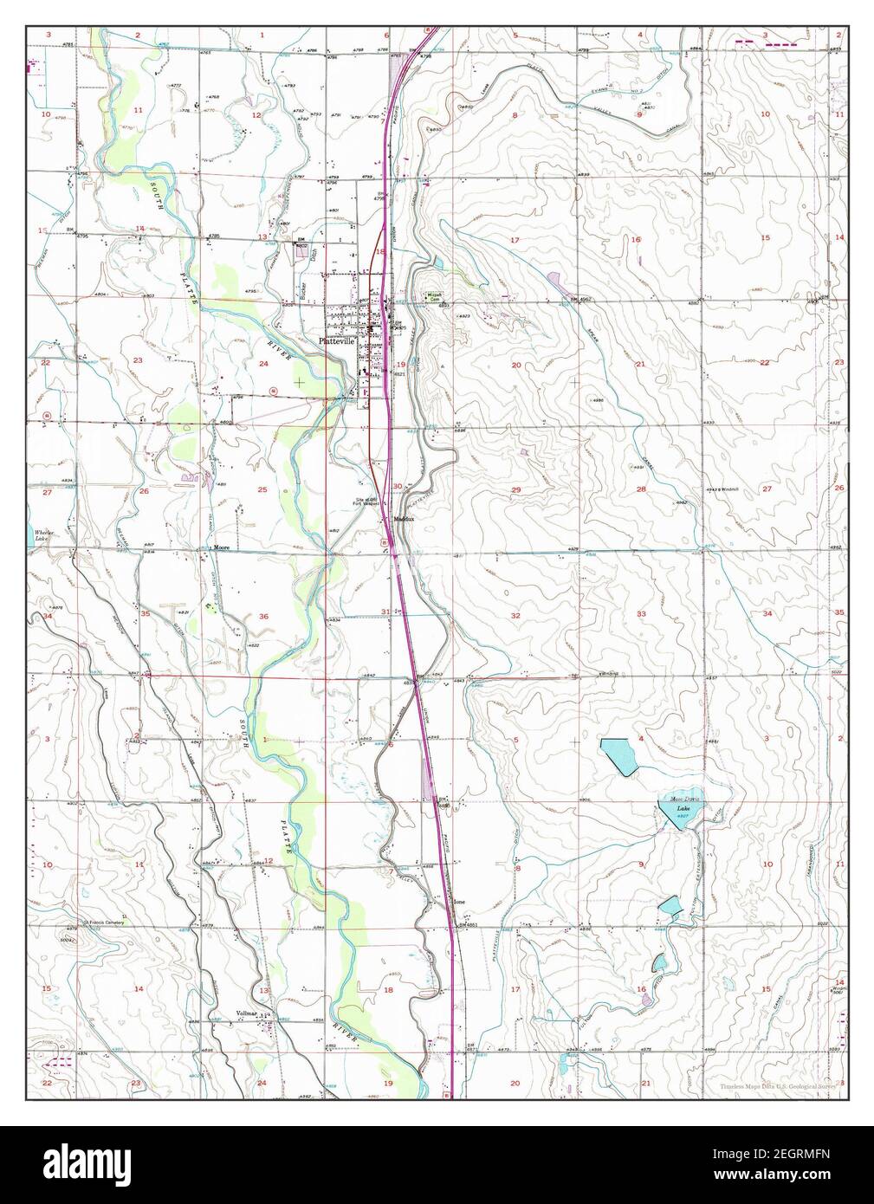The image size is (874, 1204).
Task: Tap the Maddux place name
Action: [x=405, y=518]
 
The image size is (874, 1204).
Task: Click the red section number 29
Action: [x=515, y=490]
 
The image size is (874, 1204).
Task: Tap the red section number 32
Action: [x=515, y=614]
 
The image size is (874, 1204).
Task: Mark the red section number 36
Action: [x=262, y=616]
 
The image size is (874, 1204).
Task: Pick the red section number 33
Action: [x=642, y=613]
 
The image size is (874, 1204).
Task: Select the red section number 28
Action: [x=642, y=489]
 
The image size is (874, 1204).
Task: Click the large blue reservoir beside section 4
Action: [x=620, y=756]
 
